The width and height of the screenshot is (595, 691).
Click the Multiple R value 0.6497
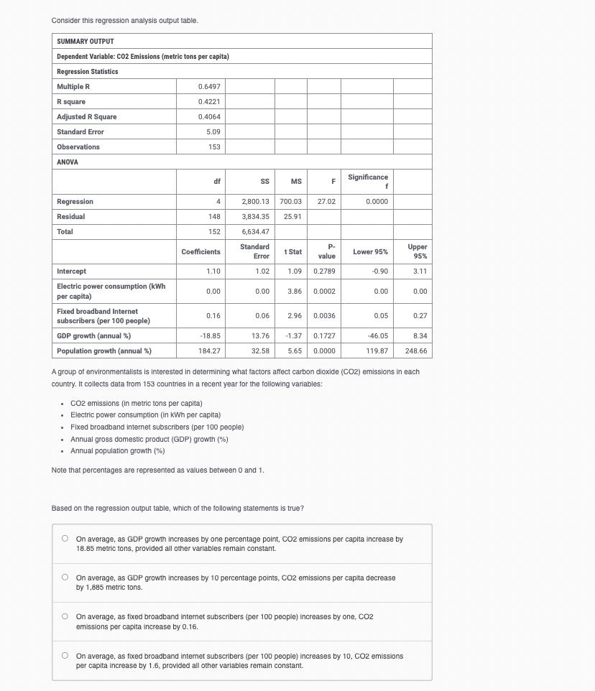[x=208, y=86]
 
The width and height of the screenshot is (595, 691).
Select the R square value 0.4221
[x=208, y=101]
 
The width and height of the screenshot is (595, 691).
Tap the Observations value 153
[x=213, y=147]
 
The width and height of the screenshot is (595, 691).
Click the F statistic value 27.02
[x=326, y=202]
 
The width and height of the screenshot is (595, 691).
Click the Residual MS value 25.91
[x=292, y=217]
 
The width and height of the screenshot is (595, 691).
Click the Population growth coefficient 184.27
[x=208, y=351]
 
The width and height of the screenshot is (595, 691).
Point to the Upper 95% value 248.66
[x=415, y=351]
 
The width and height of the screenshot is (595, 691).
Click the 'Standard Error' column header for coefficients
[x=254, y=251]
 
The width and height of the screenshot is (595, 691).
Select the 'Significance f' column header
[x=368, y=181]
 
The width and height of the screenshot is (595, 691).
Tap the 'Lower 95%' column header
[x=370, y=251]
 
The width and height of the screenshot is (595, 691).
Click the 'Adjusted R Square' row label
[x=86, y=116]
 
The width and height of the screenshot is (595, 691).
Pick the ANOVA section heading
[x=67, y=162]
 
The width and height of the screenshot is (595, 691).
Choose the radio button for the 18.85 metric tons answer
[x=65, y=538]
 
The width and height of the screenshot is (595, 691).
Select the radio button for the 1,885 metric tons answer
[x=65, y=577]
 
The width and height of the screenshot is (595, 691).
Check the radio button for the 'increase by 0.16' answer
[x=65, y=616]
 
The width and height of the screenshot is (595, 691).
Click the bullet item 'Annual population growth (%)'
[x=118, y=450]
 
